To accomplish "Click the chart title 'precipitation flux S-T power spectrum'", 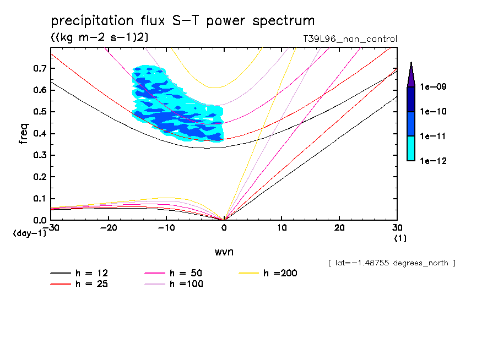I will [x=182, y=21].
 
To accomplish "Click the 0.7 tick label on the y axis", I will [x=40, y=69].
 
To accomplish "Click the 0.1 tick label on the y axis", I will [x=40, y=199].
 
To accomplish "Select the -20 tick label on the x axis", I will [x=109, y=228].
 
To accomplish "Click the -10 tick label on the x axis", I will [x=166, y=228].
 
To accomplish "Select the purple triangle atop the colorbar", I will [x=411, y=75].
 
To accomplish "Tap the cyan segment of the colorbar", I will [x=411, y=148].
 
